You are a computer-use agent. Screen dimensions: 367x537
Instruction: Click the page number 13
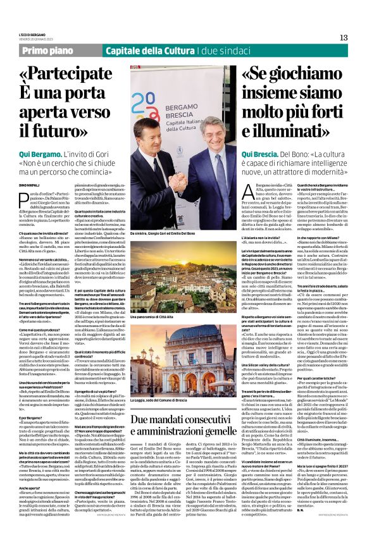[x=344, y=37]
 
